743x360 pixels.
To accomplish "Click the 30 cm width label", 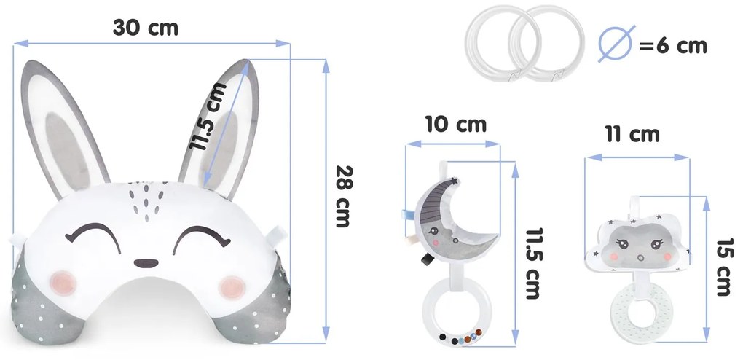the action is coord(146,28).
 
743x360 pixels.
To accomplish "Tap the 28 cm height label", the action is coord(345,196).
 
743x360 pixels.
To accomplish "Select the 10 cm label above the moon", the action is coord(456,125).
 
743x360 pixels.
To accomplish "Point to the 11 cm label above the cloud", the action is coord(632,135).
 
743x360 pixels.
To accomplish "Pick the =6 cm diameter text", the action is coord(673,46).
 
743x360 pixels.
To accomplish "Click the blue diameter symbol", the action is coord(616,44).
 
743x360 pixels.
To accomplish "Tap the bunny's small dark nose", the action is coord(146,263).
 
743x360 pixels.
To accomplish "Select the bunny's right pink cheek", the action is coord(232,287).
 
